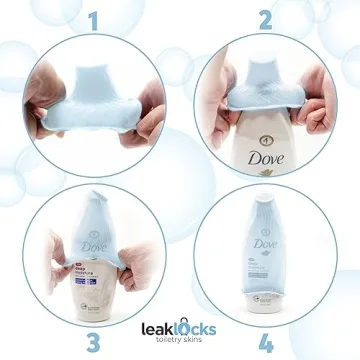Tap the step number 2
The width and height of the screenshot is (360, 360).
click(265, 19)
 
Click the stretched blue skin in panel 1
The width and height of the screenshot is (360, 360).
click(95, 95)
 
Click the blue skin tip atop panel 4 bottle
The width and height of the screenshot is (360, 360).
click(265, 200)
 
